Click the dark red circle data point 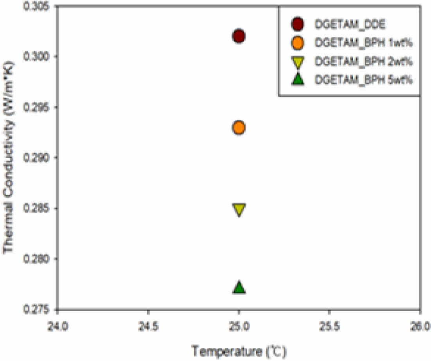239,36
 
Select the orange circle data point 239,128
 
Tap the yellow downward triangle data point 239,209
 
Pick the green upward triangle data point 239,288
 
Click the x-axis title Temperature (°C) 239,349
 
